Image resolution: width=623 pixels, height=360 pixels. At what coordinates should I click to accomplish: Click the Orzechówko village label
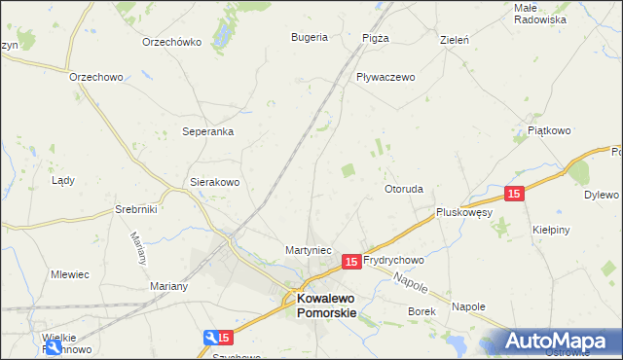pos(171,42)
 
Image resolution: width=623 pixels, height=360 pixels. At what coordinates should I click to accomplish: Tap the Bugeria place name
pos(310,38)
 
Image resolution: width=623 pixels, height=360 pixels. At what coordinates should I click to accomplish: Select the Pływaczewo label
pos(385,77)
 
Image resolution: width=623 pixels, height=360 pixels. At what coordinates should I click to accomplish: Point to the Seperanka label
pos(208,131)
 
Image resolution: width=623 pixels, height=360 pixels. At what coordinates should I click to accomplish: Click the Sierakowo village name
pos(214,182)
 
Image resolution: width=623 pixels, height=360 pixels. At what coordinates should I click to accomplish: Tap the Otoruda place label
pos(403,189)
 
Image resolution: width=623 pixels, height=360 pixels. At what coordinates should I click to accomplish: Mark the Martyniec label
pos(310,250)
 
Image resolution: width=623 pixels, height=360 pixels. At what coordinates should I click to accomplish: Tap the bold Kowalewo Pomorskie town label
pos(326,306)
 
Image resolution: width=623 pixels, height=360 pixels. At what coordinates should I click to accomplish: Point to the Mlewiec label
pos(70,274)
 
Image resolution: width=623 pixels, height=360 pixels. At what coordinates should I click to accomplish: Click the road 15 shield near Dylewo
pos(515,194)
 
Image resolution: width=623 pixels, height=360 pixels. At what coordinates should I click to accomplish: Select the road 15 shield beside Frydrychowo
pos(352,261)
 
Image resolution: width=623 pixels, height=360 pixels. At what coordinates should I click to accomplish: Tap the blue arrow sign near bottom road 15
pos(211,338)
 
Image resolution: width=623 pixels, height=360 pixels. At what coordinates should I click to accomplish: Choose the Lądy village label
pos(63,180)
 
